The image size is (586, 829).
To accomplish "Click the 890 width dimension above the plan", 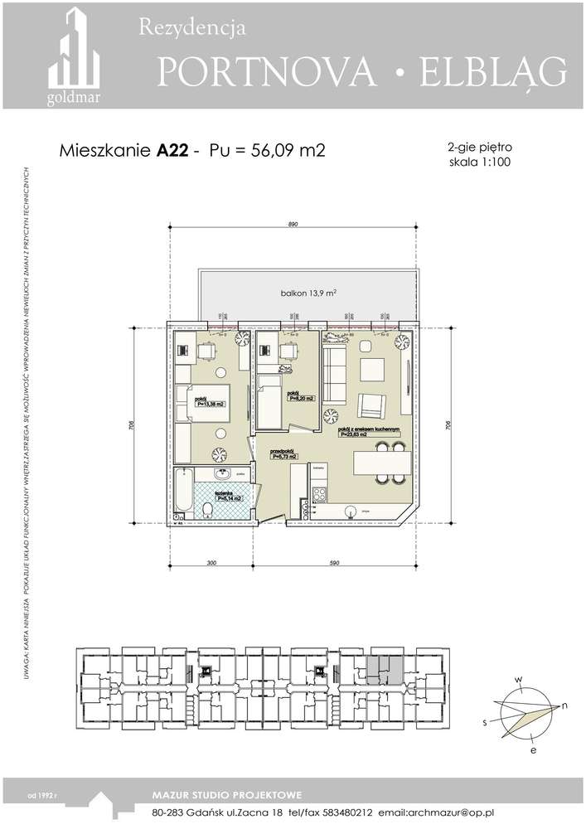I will click(x=293, y=225).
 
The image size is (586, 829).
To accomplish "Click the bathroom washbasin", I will click(x=222, y=474).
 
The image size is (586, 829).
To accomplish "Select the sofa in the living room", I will click(x=333, y=375).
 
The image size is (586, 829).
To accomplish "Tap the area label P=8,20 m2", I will click(x=298, y=399).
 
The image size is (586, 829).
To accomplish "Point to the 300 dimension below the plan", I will click(x=211, y=563).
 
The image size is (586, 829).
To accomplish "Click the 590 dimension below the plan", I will click(x=334, y=563).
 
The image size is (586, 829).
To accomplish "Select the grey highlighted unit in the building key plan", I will click(x=384, y=668).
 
